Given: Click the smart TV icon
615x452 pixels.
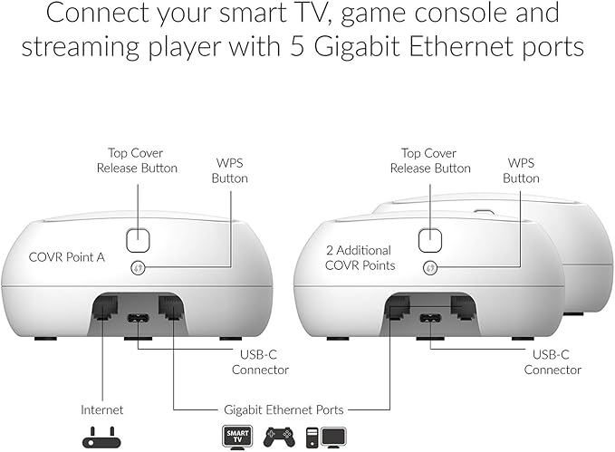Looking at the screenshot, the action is coord(237,437).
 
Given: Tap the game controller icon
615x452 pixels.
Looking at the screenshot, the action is coord(279,438).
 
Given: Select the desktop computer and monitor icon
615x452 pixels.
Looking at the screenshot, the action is coord(326,438).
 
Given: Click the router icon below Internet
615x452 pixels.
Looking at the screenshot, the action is coord(101,438).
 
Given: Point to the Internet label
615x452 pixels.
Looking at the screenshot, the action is coord(102,410).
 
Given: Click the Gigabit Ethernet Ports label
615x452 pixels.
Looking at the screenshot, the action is coord(283,410).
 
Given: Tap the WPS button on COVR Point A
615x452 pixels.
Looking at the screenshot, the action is coord(138,268).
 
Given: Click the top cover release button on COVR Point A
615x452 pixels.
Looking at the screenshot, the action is coord(138,240).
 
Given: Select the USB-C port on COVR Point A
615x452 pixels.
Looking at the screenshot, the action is coord(138,317).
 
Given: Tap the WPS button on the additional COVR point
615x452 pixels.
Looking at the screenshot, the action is coord(430,268).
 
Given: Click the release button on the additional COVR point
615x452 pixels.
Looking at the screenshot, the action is coord(430,240).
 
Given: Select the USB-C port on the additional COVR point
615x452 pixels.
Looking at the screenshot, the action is coord(430,317).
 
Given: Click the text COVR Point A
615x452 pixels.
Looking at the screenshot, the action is coord(67,257).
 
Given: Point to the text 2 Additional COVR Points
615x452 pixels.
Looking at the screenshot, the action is coord(360,258).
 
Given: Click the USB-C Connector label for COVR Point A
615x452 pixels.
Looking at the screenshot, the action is coord(260,362).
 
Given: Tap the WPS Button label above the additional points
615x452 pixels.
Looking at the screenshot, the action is coord(521,170).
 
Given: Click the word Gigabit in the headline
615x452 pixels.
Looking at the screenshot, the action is coord(359,47).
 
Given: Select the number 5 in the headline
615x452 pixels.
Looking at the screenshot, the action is coord(298,46).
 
